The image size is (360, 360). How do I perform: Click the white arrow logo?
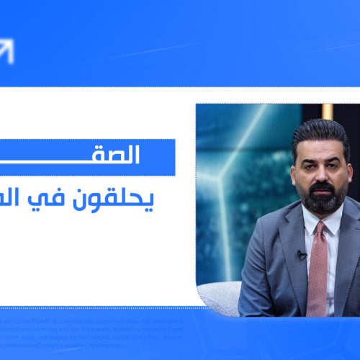(x=6, y=50)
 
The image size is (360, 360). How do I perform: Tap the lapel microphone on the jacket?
(x=301, y=254)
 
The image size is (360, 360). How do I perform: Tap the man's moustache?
(x=322, y=186)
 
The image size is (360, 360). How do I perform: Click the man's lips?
(x=322, y=191)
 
